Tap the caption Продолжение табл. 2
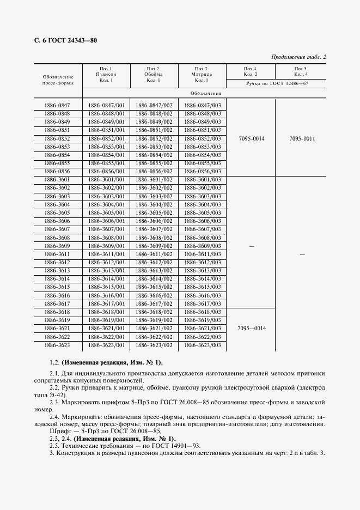(x=298, y=57)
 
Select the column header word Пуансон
(x=106, y=74)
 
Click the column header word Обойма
(x=153, y=74)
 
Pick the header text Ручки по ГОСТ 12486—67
(x=277, y=83)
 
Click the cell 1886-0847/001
(x=106, y=105)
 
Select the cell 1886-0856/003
(x=202, y=171)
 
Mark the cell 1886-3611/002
(x=154, y=254)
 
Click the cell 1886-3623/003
(x=202, y=345)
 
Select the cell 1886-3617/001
(x=106, y=303)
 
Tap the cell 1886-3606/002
(x=154, y=221)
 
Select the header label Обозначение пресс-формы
(x=57, y=82)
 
